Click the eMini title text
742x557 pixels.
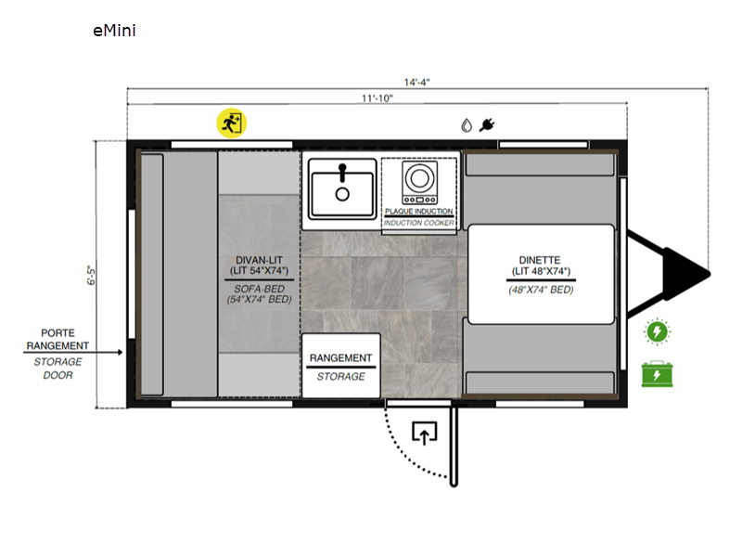click(114, 31)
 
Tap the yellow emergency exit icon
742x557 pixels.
click(231, 123)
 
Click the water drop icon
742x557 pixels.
click(467, 125)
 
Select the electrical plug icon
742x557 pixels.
click(487, 125)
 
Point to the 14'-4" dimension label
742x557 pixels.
click(416, 82)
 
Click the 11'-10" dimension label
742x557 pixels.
click(377, 98)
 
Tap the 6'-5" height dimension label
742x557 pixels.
click(91, 275)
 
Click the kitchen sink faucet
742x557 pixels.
click(342, 173)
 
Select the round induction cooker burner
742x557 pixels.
click(419, 178)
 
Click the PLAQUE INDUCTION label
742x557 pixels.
click(419, 212)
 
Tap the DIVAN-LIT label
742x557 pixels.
click(260, 260)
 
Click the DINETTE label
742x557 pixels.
click(540, 260)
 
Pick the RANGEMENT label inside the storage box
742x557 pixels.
click(340, 358)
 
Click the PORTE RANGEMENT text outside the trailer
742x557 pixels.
click(58, 339)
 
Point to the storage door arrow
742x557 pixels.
click(73, 353)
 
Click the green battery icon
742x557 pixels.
click(657, 374)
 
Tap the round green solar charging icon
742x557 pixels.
click(657, 331)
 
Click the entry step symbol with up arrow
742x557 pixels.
click(424, 433)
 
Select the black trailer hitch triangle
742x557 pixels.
click(686, 274)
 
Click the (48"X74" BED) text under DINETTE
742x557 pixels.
click(541, 290)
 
